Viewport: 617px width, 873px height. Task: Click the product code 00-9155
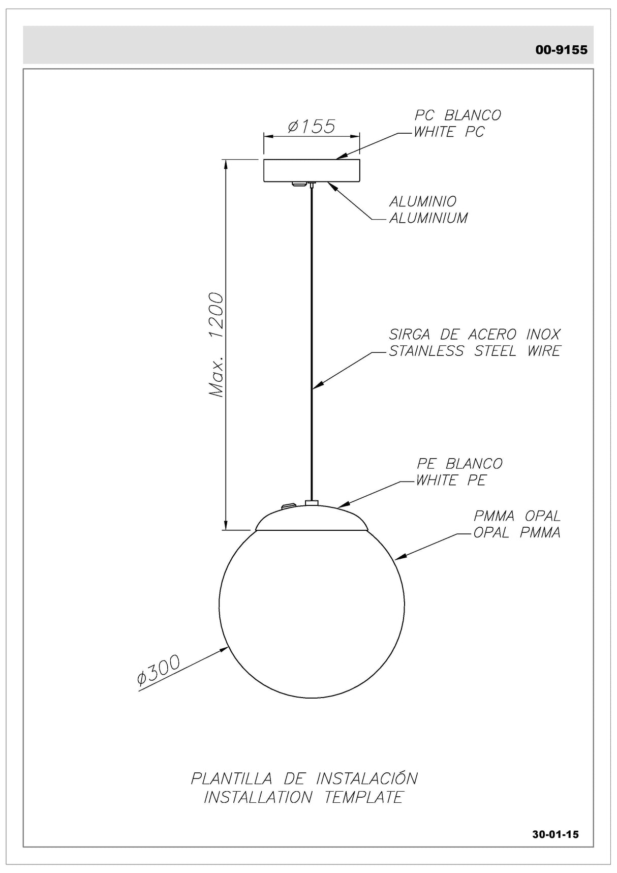coord(561,50)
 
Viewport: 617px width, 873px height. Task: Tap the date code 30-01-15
coord(556,834)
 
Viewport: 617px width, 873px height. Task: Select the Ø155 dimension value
coord(311,126)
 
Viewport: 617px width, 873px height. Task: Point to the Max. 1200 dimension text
coord(217,345)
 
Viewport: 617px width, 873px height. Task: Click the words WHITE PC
coord(449,132)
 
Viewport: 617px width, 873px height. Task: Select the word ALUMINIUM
coord(428,218)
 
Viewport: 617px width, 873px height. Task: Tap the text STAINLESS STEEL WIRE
coord(475,351)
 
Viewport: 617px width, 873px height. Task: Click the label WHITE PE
coord(451,480)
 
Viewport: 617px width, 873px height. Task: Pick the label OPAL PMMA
coord(517,533)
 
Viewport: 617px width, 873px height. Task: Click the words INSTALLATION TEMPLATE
coord(303,797)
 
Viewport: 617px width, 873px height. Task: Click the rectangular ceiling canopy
coord(311,171)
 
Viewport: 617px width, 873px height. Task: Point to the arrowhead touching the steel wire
coord(316,387)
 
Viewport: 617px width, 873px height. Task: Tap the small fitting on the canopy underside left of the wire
coord(296,184)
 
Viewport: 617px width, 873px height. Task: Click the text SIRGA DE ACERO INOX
coord(475,335)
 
